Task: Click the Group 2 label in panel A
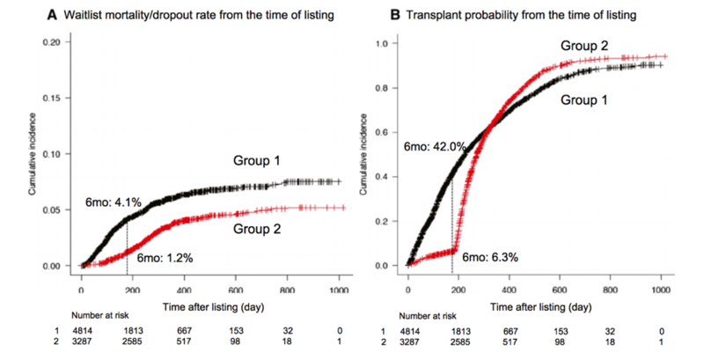(257, 228)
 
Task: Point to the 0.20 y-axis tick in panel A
(53, 43)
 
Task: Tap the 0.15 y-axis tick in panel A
(53, 99)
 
